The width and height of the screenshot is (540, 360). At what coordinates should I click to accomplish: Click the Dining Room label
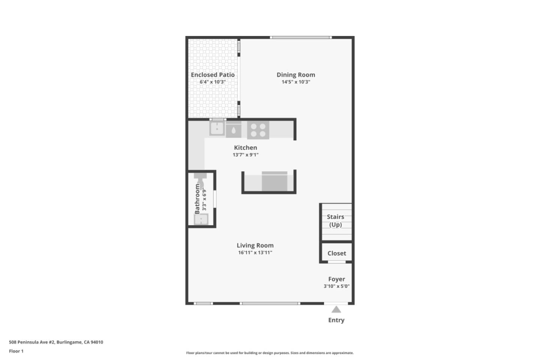[296, 75]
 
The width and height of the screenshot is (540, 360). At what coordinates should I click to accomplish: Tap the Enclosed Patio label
[213, 75]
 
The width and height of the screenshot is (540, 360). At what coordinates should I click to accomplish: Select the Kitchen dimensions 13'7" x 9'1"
[246, 155]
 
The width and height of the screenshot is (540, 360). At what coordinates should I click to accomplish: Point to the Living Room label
[255, 245]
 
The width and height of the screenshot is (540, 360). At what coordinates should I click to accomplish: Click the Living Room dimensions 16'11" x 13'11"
[255, 253]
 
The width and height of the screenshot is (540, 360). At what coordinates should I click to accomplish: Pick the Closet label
[336, 253]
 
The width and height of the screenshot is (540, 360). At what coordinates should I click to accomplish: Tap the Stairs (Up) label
[336, 220]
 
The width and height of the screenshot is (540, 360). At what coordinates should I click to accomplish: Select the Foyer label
[336, 279]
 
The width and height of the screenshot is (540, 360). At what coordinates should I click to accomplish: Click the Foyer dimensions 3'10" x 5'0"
[336, 286]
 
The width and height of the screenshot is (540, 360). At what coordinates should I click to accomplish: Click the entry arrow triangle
[336, 309]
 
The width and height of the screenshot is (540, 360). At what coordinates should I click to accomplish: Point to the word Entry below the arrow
[336, 320]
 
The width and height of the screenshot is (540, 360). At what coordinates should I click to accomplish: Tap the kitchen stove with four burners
[258, 130]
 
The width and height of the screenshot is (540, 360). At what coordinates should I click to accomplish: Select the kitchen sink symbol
[217, 129]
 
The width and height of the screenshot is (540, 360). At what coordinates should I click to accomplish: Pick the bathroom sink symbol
[201, 219]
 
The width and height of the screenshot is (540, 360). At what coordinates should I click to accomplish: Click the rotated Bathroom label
[197, 199]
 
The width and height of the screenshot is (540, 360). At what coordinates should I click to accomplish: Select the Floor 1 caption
[16, 351]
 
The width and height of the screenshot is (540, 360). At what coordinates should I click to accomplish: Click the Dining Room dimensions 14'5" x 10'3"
[296, 82]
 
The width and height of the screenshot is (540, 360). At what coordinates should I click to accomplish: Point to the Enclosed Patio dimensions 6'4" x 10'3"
[213, 82]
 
